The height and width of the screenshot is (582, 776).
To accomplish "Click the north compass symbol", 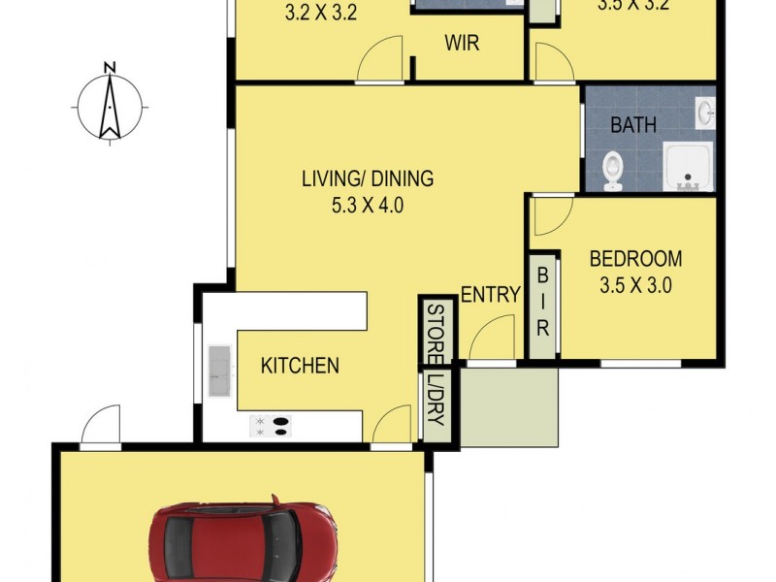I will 111,103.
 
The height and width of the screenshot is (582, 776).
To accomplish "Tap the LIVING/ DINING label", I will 367,178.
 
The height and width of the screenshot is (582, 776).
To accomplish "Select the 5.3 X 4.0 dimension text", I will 366,205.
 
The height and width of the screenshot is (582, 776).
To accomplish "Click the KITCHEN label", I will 300,366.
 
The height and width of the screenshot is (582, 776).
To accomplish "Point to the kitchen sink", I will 218,372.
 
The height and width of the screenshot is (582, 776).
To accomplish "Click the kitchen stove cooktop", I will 271,426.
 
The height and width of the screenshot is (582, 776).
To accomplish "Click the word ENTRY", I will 490,295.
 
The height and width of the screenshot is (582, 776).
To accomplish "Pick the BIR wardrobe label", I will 542,302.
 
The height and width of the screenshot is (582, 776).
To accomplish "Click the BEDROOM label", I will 635,259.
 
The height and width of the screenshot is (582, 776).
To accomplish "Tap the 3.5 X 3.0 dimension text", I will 635,285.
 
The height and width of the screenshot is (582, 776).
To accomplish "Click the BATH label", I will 632,125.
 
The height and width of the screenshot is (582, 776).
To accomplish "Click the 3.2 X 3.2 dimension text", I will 321,14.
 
